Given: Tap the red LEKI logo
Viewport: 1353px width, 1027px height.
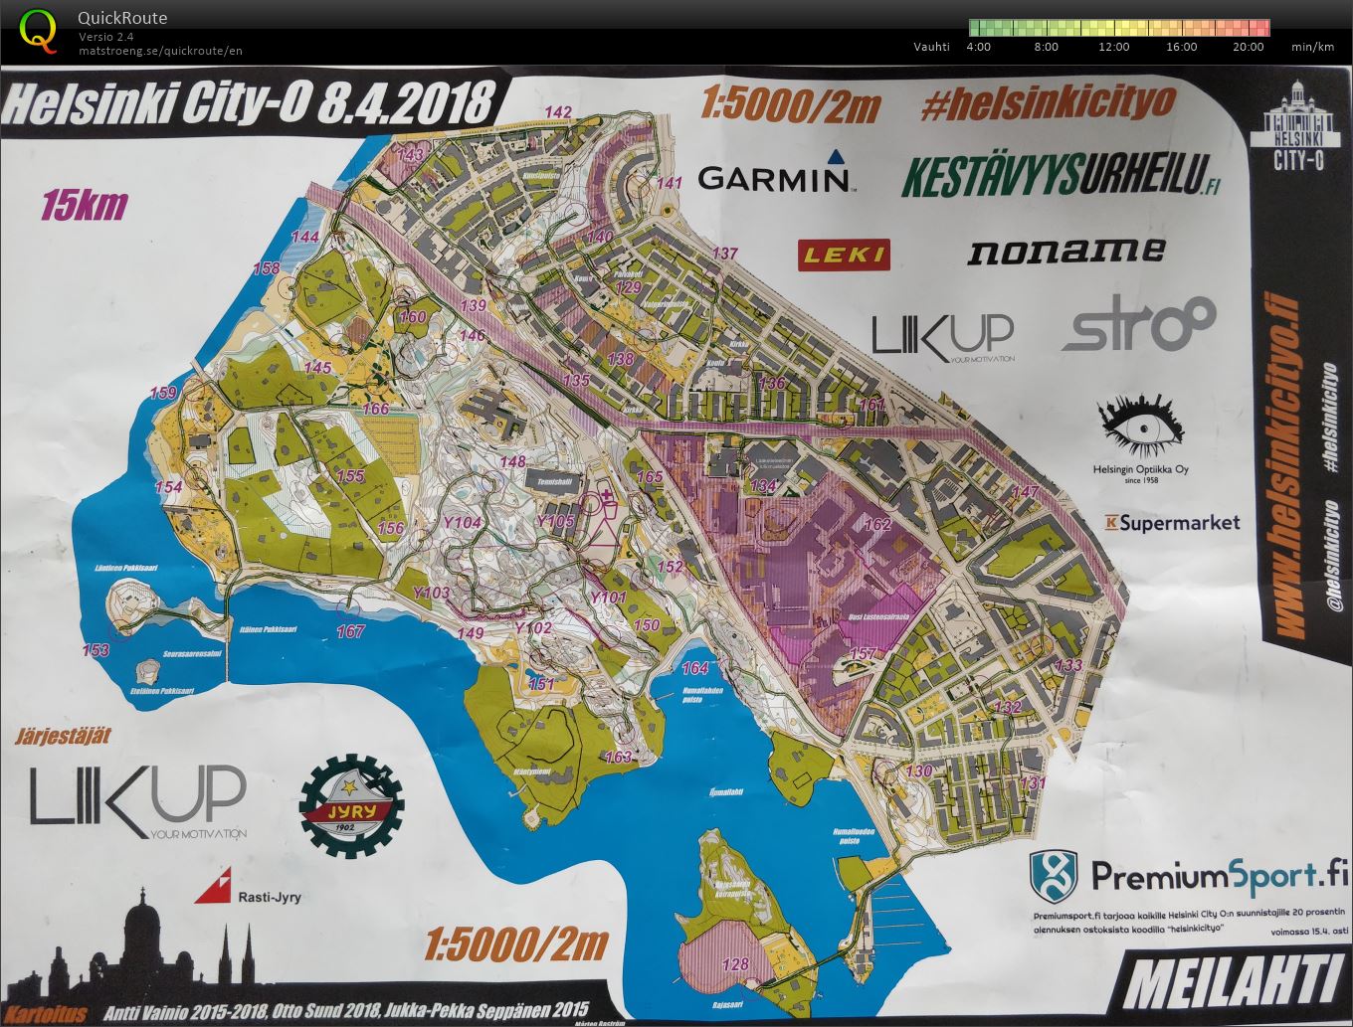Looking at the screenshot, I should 844,255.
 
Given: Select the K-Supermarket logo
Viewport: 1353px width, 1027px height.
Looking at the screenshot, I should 1172,522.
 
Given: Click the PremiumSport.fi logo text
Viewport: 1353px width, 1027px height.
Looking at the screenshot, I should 1219,876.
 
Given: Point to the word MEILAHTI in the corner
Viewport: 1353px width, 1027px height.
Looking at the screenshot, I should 1233,982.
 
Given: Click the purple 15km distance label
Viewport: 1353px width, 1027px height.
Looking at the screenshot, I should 85,205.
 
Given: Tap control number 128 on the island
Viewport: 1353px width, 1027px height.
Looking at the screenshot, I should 734,963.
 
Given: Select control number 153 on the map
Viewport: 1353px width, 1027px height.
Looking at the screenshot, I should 96,650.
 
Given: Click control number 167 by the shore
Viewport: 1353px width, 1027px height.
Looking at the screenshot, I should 350,631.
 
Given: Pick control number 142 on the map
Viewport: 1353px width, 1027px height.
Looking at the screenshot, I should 559,111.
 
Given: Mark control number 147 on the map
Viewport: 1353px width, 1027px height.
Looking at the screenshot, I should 1025,492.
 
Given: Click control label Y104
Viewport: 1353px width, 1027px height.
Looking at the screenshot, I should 462,522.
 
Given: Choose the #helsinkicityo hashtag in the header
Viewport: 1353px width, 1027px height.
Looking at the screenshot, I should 1049,102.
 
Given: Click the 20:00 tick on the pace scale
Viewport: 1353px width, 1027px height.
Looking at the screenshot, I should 1249,47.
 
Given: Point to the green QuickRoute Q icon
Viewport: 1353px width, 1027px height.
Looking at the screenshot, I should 38,29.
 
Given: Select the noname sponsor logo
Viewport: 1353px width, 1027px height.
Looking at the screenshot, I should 1065,251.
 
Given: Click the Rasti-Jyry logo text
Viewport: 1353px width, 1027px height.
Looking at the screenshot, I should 269,897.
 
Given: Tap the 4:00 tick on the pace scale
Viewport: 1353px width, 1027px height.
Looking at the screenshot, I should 978,47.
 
